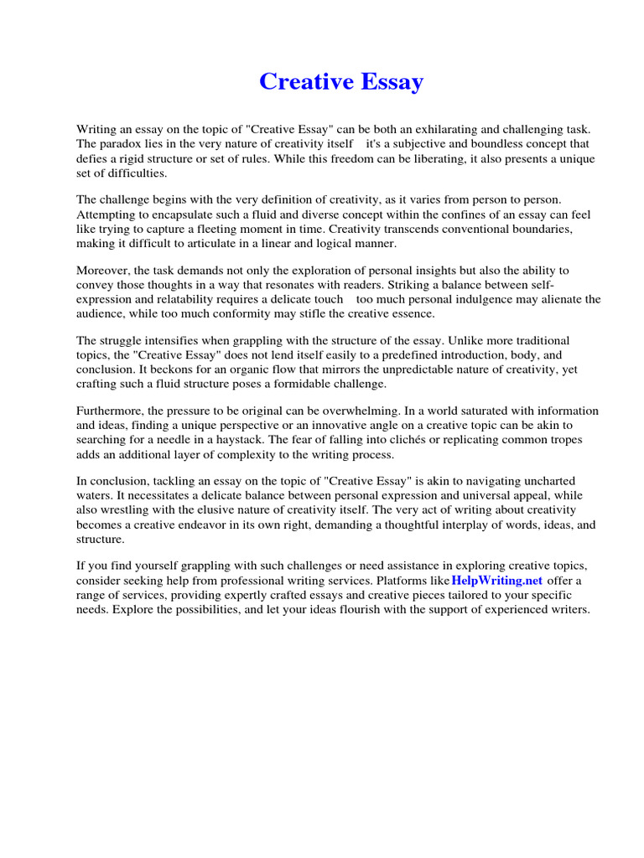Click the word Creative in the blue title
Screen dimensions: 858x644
pos(303,82)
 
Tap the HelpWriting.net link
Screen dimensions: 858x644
pos(497,580)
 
